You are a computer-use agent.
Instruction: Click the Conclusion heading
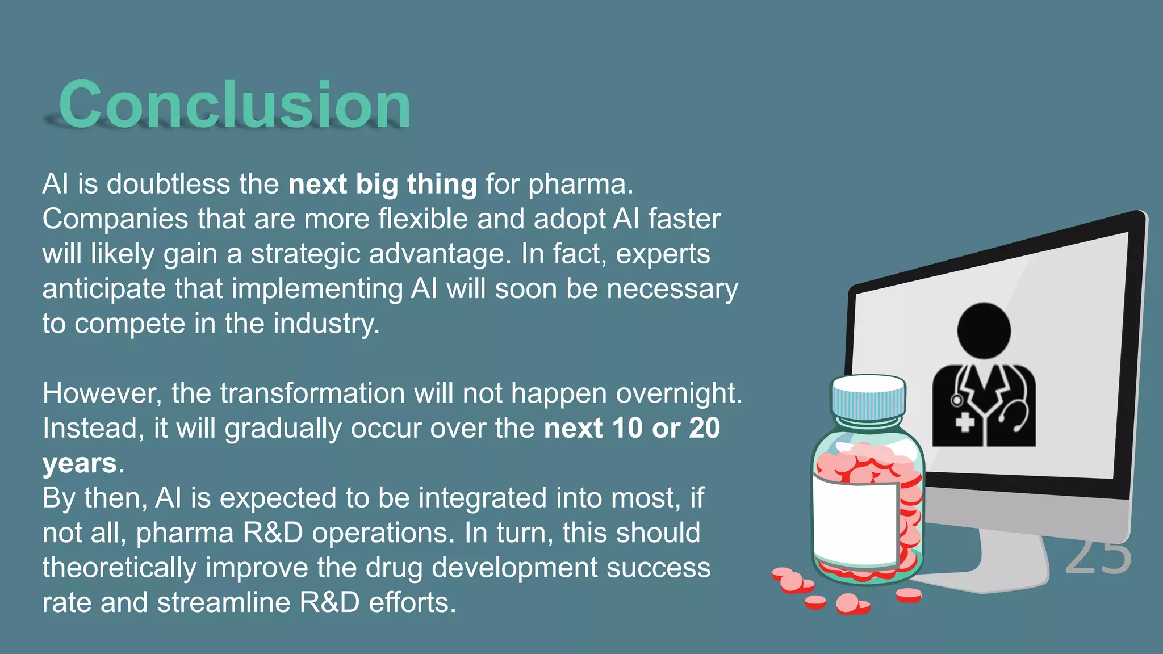(235, 105)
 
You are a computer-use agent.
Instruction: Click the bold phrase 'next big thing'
(382, 185)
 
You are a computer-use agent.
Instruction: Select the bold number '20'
(704, 428)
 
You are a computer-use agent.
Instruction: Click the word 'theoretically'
(119, 568)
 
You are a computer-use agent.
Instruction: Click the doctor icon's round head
(984, 330)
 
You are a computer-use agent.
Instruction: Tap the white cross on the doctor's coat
(964, 422)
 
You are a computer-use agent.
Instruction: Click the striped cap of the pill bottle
(868, 397)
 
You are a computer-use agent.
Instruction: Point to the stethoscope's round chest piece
(956, 401)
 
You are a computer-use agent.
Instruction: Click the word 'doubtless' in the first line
(168, 185)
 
